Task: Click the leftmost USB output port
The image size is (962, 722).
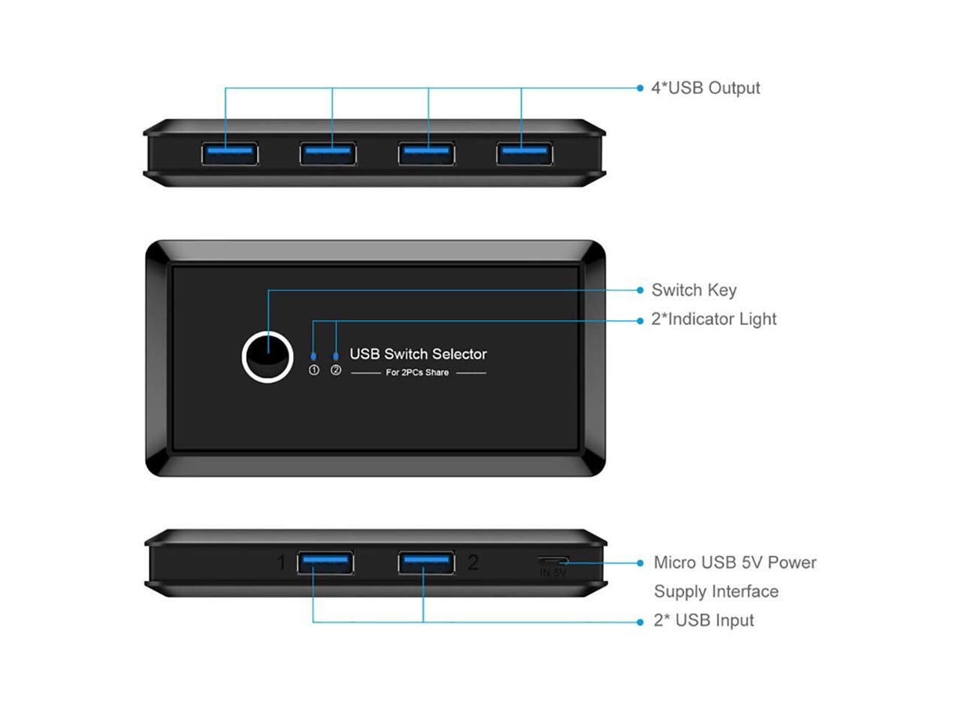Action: click(230, 153)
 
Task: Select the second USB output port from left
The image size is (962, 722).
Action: click(328, 153)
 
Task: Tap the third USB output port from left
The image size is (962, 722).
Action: click(426, 153)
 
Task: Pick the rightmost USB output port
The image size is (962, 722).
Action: click(525, 153)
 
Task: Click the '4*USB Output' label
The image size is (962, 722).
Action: click(705, 88)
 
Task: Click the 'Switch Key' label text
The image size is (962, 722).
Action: click(694, 290)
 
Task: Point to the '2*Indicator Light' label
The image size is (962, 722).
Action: click(713, 319)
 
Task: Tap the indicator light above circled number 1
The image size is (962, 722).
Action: click(313, 356)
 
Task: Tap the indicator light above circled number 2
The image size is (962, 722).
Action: click(336, 356)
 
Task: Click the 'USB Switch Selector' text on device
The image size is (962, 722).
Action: click(418, 354)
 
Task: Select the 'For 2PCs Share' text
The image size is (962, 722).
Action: click(417, 372)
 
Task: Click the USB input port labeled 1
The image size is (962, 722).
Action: click(325, 563)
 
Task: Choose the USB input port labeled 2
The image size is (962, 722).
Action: click(426, 563)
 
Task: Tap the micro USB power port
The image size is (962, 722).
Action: click(552, 561)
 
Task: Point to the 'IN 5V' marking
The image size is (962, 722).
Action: click(552, 573)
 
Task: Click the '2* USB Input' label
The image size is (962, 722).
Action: click(703, 620)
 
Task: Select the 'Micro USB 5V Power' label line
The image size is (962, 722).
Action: click(734, 563)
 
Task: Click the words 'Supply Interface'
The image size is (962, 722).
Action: click(715, 591)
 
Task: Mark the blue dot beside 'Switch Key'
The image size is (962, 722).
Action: click(640, 290)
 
